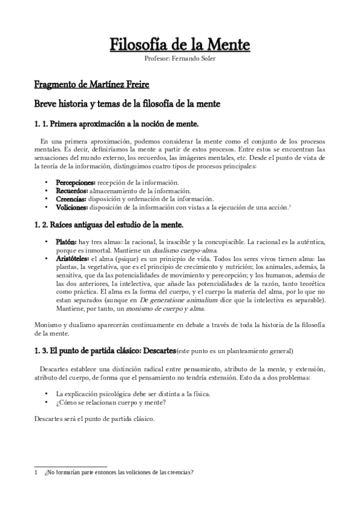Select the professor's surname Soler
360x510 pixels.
[x=206, y=58]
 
